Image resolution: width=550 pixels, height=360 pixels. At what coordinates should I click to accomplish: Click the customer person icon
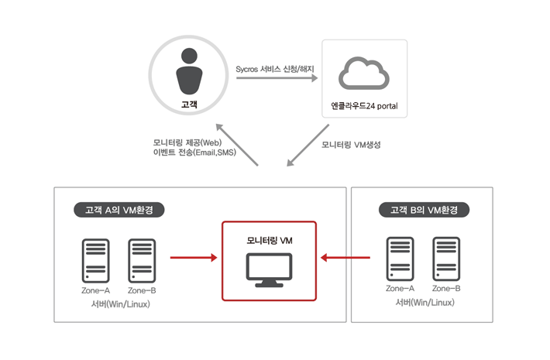(189, 71)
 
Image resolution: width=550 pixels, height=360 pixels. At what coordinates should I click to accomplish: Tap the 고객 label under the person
(189, 104)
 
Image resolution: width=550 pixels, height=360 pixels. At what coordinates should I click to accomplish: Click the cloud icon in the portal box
(364, 73)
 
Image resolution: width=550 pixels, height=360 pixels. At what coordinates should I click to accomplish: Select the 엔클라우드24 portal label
(364, 106)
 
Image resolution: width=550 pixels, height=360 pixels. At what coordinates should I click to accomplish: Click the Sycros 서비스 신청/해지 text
(275, 69)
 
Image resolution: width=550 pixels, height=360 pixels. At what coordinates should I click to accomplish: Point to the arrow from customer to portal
(277, 78)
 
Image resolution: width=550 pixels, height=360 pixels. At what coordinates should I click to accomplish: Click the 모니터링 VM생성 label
(351, 145)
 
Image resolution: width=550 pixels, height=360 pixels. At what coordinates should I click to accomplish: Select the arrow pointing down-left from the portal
(308, 145)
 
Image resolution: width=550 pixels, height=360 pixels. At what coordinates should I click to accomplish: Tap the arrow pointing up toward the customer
(237, 145)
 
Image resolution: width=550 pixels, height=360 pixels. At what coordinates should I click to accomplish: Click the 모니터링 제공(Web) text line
(187, 142)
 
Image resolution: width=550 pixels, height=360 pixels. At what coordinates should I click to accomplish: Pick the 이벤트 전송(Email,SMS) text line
(194, 153)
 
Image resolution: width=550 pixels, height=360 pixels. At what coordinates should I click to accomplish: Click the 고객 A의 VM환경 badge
(119, 210)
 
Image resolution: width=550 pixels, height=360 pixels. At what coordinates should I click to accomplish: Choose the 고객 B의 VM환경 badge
(424, 210)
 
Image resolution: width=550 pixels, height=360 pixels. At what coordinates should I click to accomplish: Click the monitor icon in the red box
(269, 270)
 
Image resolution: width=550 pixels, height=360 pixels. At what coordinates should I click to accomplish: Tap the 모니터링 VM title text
(270, 241)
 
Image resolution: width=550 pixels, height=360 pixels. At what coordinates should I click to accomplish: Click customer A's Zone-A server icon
(96, 261)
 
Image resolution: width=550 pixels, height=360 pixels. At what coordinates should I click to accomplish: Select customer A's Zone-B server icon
(142, 261)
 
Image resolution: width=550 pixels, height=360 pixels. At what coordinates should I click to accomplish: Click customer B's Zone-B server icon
(446, 259)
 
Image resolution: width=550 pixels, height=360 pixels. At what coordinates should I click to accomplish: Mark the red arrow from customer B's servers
(345, 258)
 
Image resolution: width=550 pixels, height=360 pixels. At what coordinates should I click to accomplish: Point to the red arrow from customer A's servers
(194, 258)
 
